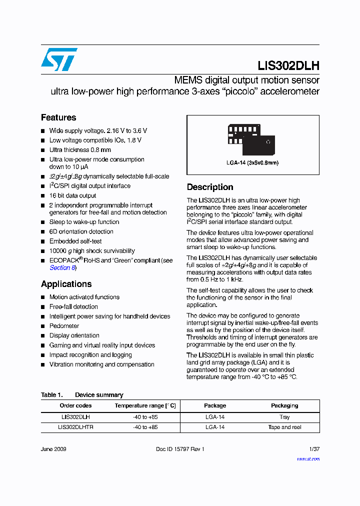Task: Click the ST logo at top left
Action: [59, 59]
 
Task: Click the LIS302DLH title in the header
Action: [288, 65]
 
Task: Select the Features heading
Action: [58, 117]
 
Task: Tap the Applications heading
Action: [66, 284]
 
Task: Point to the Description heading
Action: [210, 187]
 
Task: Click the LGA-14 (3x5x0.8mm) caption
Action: [252, 163]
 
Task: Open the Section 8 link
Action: [62, 267]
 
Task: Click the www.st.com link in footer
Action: [308, 458]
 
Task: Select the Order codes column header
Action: [75, 405]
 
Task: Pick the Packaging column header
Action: [284, 405]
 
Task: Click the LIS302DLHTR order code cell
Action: [75, 427]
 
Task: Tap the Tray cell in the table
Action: [284, 416]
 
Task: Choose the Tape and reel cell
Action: [284, 427]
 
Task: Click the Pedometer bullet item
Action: [64, 326]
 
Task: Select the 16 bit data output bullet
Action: [72, 195]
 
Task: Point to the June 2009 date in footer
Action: [53, 449]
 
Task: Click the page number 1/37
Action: [313, 449]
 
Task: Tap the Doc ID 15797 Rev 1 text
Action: [180, 449]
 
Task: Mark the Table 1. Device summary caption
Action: [82, 395]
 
